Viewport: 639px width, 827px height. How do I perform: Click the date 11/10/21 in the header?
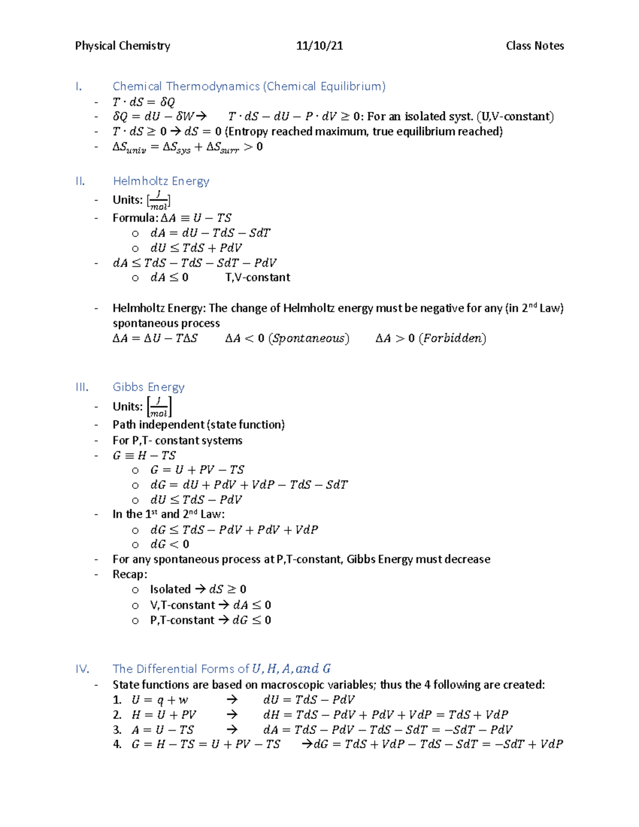click(x=319, y=46)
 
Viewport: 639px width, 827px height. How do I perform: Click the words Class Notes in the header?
click(x=535, y=46)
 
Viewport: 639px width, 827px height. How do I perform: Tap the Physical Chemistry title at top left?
click(x=122, y=46)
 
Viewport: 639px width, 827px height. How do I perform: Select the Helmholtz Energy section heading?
click(x=161, y=181)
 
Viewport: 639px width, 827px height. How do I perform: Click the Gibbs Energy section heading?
click(x=149, y=387)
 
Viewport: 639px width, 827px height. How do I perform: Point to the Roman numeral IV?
click(x=82, y=669)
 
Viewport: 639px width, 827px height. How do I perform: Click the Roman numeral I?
click(x=79, y=86)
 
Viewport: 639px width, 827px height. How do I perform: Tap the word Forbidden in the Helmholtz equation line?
click(x=452, y=339)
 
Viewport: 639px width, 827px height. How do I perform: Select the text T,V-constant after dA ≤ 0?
click(x=258, y=277)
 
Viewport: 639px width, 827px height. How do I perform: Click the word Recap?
click(x=130, y=574)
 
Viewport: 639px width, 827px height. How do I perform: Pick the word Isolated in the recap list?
click(x=170, y=589)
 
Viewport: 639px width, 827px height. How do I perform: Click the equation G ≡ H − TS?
click(x=144, y=456)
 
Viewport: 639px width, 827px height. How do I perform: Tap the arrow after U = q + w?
click(x=232, y=700)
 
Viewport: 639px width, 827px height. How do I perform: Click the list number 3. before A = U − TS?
click(x=117, y=730)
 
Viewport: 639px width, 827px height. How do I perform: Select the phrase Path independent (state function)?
click(x=199, y=424)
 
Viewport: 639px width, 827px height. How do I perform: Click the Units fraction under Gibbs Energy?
click(x=159, y=407)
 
